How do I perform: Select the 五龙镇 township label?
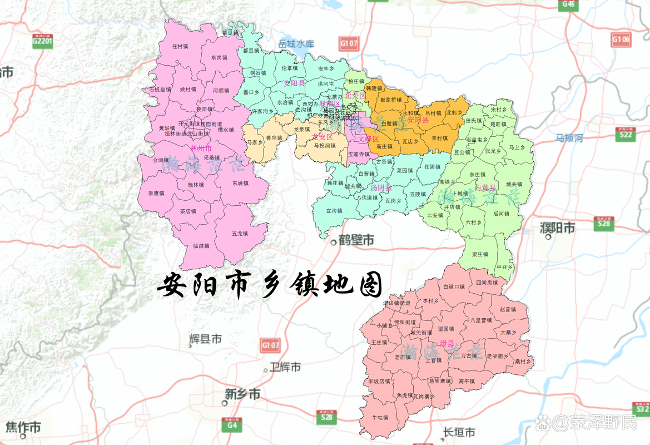coord(240,234)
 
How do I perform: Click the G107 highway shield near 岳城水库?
coord(349,43)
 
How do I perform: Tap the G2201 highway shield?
coord(42,41)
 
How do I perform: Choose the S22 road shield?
coord(626,133)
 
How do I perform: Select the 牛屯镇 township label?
coord(380,417)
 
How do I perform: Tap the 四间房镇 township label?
coord(487,283)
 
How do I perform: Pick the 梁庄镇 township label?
coord(480,254)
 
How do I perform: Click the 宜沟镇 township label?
coord(334,211)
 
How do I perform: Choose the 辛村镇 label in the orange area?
coord(439,137)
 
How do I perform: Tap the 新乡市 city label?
coord(242,394)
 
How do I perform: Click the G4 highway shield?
coord(231,425)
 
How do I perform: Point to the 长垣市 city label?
coord(459,432)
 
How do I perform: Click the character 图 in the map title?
coord(368,285)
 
